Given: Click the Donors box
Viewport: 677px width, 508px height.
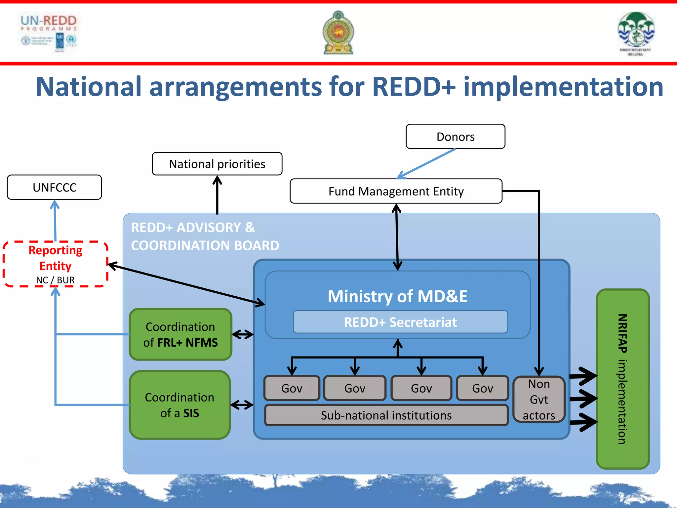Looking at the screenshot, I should (x=455, y=137).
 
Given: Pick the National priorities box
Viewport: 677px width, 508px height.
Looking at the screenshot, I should (x=217, y=164).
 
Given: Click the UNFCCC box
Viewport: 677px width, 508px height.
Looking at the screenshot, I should (x=54, y=187).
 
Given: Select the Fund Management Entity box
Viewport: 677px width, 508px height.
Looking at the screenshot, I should (x=396, y=191).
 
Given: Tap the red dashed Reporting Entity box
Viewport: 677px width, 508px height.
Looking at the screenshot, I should (x=55, y=264).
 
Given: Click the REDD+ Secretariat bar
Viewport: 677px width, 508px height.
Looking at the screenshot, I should (x=400, y=322).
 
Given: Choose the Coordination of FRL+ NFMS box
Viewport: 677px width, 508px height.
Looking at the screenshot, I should (x=180, y=334).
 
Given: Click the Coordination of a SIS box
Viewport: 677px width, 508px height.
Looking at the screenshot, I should (x=179, y=405).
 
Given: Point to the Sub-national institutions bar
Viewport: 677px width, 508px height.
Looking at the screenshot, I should (x=386, y=415).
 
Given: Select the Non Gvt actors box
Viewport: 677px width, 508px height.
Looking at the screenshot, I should (x=538, y=399).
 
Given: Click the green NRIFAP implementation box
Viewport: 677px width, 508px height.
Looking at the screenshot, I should (x=622, y=379).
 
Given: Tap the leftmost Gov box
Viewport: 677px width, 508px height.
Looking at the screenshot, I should (x=292, y=388).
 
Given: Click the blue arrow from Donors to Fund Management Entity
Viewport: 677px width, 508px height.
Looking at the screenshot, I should (x=426, y=163).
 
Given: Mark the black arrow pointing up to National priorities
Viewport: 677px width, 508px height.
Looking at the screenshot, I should (x=217, y=195).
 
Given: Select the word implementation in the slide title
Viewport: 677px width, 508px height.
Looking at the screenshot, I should (x=563, y=87).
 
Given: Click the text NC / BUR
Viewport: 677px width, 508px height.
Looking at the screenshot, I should (x=55, y=280).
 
